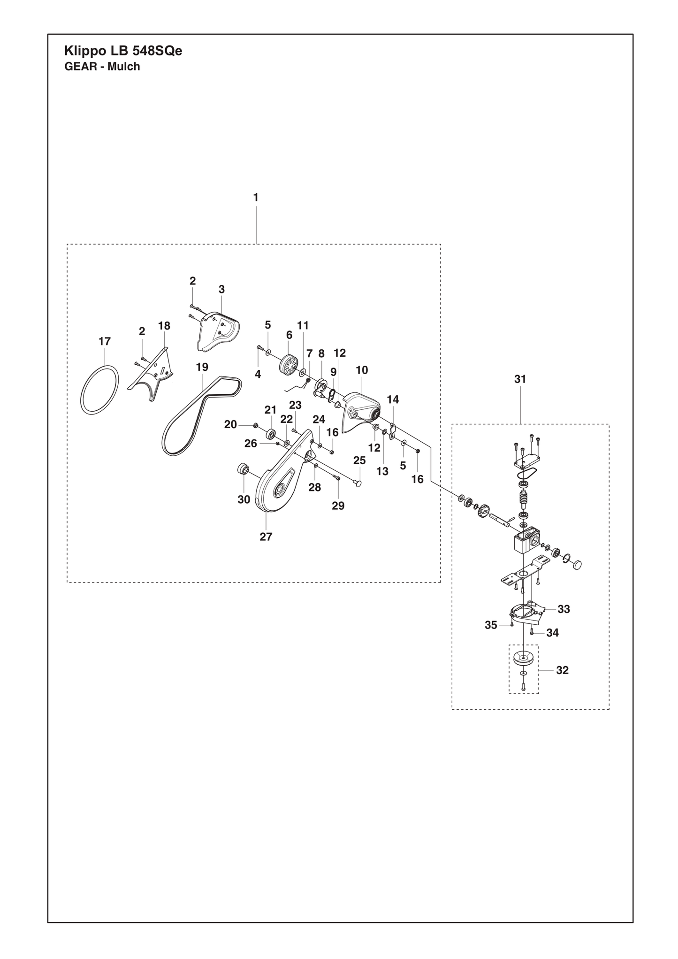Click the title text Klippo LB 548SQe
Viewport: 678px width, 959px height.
pos(123,51)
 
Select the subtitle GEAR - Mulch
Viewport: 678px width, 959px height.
pos(102,67)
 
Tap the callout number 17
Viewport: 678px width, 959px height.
pos(104,341)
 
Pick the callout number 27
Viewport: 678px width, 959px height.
pos(266,537)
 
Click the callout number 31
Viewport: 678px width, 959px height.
pos(520,379)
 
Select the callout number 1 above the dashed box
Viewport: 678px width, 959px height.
pos(256,198)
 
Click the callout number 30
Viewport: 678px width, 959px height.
pos(244,500)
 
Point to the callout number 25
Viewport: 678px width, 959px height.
pos(359,460)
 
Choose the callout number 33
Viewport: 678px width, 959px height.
pos(564,609)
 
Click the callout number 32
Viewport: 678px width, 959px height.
pos(562,670)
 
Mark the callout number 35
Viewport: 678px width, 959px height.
pos(491,625)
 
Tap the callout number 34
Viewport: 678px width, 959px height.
pos(553,633)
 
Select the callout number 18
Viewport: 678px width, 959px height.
pos(164,326)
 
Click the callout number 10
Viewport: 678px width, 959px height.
pos(362,370)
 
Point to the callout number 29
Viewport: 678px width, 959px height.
pos(338,506)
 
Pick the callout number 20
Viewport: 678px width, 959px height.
pos(230,424)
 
